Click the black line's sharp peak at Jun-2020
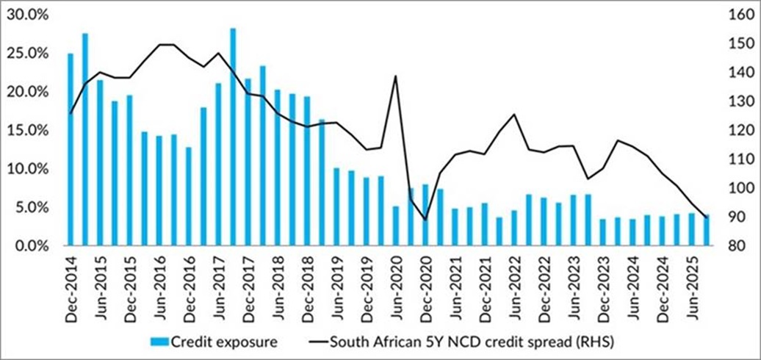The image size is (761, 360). click(396, 76)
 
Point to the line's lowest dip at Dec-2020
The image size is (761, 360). click(425, 219)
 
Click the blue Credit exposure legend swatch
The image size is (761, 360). click(159, 342)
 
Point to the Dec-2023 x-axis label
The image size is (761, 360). click(603, 283)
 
